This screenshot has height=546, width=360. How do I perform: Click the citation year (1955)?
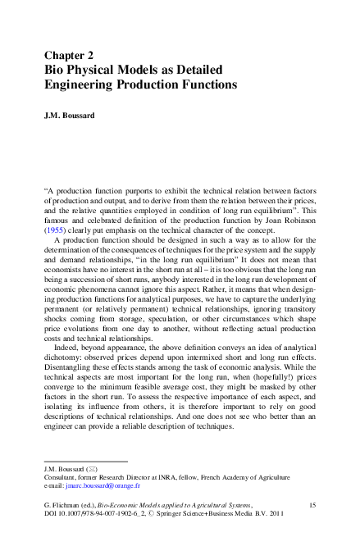pyautogui.click(x=56, y=232)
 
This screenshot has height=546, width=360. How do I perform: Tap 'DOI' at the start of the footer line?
pyautogui.click(x=51, y=518)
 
